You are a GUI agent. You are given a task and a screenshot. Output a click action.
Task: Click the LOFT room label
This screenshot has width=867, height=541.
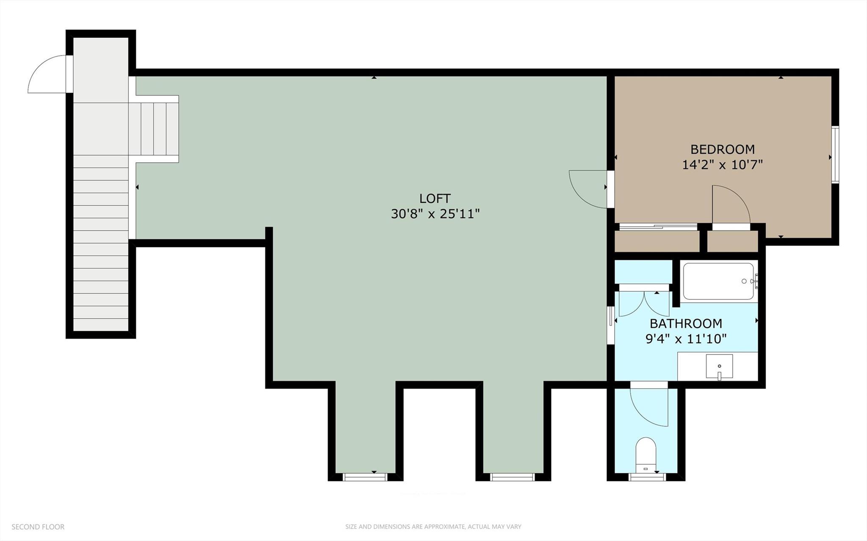435,199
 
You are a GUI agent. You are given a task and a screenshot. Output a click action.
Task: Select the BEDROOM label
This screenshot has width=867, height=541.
722,149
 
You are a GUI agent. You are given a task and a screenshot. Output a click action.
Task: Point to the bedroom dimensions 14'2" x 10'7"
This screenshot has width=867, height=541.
722,165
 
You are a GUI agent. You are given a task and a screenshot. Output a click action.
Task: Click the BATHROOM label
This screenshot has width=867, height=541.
686,324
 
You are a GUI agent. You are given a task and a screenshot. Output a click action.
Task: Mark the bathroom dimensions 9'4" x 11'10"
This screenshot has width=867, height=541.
686,339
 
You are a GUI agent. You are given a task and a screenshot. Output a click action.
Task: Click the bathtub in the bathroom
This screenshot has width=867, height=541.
718,282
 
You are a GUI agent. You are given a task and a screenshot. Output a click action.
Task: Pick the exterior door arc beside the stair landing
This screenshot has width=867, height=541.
47,74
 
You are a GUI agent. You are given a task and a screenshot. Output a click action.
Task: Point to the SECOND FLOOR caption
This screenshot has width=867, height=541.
38,527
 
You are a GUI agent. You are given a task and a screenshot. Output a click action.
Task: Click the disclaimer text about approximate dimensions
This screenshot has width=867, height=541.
433,527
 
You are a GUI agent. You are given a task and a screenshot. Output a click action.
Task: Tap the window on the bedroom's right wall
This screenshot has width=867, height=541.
835,155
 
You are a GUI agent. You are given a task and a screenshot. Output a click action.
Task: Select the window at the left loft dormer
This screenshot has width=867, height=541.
365,477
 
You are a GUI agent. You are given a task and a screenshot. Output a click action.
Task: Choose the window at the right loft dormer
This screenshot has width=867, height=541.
512,477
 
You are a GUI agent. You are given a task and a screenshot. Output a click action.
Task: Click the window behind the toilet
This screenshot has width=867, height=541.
647,477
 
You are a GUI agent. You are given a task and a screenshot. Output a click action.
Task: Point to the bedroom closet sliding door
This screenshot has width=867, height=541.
658,227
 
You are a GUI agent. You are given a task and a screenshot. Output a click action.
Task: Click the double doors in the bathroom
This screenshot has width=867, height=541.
644,303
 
